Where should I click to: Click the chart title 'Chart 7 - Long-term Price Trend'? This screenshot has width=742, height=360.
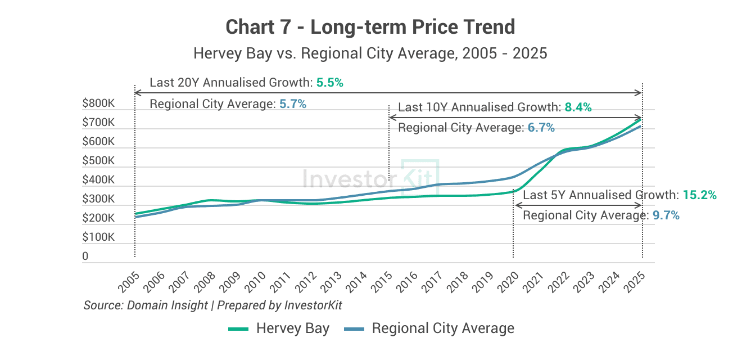click(370, 26)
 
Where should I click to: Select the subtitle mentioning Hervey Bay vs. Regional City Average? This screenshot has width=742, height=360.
click(370, 53)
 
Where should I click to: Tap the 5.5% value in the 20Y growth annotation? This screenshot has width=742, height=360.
click(329, 83)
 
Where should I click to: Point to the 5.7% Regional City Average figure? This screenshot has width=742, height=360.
click(292, 104)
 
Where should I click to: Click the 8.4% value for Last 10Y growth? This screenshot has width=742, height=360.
click(578, 107)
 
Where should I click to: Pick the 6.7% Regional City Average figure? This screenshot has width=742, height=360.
click(541, 128)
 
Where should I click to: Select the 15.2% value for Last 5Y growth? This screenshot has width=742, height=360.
click(700, 195)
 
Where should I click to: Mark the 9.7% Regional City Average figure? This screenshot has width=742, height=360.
click(666, 215)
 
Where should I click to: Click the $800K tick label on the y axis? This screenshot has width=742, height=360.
click(98, 103)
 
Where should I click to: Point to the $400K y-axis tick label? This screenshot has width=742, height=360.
click(98, 180)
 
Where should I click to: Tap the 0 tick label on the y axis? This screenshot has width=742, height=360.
click(85, 256)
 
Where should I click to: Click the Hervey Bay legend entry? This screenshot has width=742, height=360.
click(279, 328)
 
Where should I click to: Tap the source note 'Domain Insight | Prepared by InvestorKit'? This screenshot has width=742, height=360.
click(212, 305)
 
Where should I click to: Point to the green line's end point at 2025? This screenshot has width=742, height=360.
click(641, 119)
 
